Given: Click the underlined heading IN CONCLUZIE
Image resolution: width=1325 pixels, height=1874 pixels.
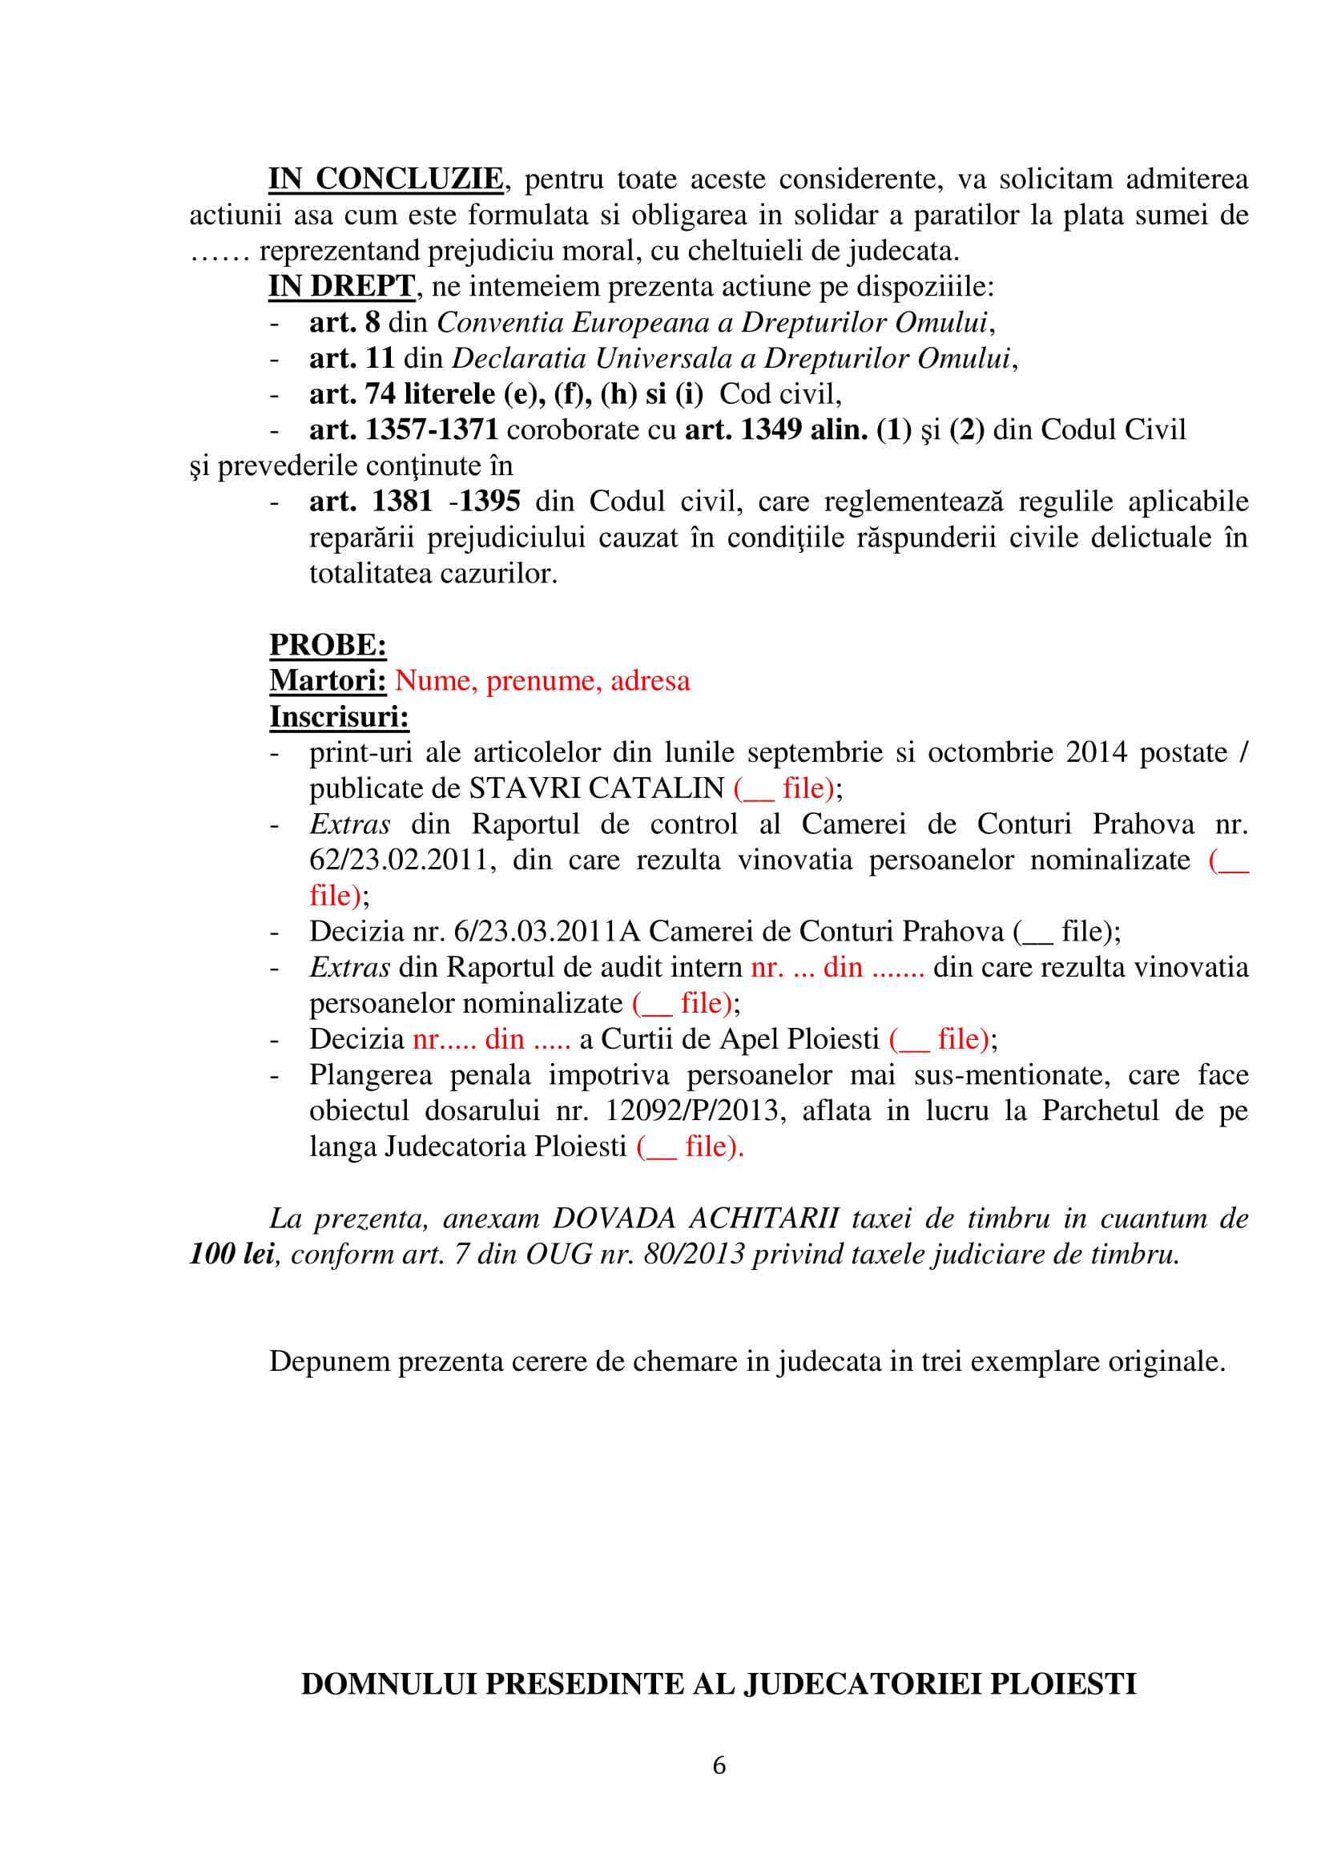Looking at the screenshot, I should [386, 179].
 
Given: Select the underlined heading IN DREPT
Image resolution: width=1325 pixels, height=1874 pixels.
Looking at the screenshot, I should [342, 287].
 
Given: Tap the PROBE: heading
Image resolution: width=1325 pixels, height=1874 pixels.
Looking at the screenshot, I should [328, 645].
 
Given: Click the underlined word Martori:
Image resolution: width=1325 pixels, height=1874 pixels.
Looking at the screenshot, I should [328, 681].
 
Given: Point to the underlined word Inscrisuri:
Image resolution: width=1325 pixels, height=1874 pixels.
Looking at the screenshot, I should [340, 716].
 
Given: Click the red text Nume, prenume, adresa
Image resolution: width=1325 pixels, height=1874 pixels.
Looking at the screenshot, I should [542, 681].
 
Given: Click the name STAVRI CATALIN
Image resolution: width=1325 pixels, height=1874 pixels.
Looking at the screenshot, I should [597, 788].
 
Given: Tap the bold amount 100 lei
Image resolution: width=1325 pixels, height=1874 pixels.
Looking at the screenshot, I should [232, 1254].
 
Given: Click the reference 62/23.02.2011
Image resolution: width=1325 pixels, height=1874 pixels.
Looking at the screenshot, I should [399, 860].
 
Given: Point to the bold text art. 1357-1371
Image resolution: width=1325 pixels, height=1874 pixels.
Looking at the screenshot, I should [403, 430].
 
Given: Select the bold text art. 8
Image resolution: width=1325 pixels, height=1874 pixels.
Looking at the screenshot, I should [344, 322].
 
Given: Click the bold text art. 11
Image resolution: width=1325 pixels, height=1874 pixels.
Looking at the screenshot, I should [352, 358].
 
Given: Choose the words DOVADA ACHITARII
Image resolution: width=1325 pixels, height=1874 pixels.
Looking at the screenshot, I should [696, 1219].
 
